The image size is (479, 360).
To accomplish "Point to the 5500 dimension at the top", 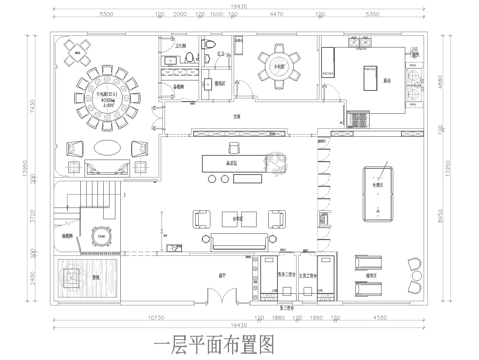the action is tap(106, 16).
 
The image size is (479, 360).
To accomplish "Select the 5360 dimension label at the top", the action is tap(373, 16).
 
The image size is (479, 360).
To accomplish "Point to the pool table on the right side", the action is tap(381, 194).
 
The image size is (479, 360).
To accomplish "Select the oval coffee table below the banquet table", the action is tap(104, 148).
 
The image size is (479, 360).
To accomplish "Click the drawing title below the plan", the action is tap(214, 345).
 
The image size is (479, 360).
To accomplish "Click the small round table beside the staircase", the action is tap(100, 235).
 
